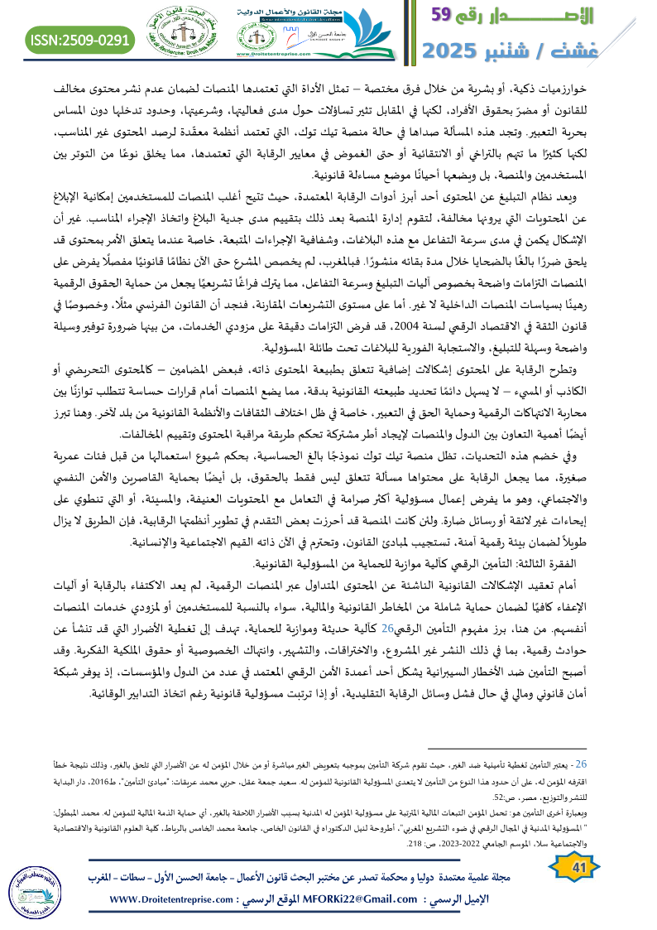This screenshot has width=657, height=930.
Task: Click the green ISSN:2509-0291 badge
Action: click(x=81, y=39)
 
